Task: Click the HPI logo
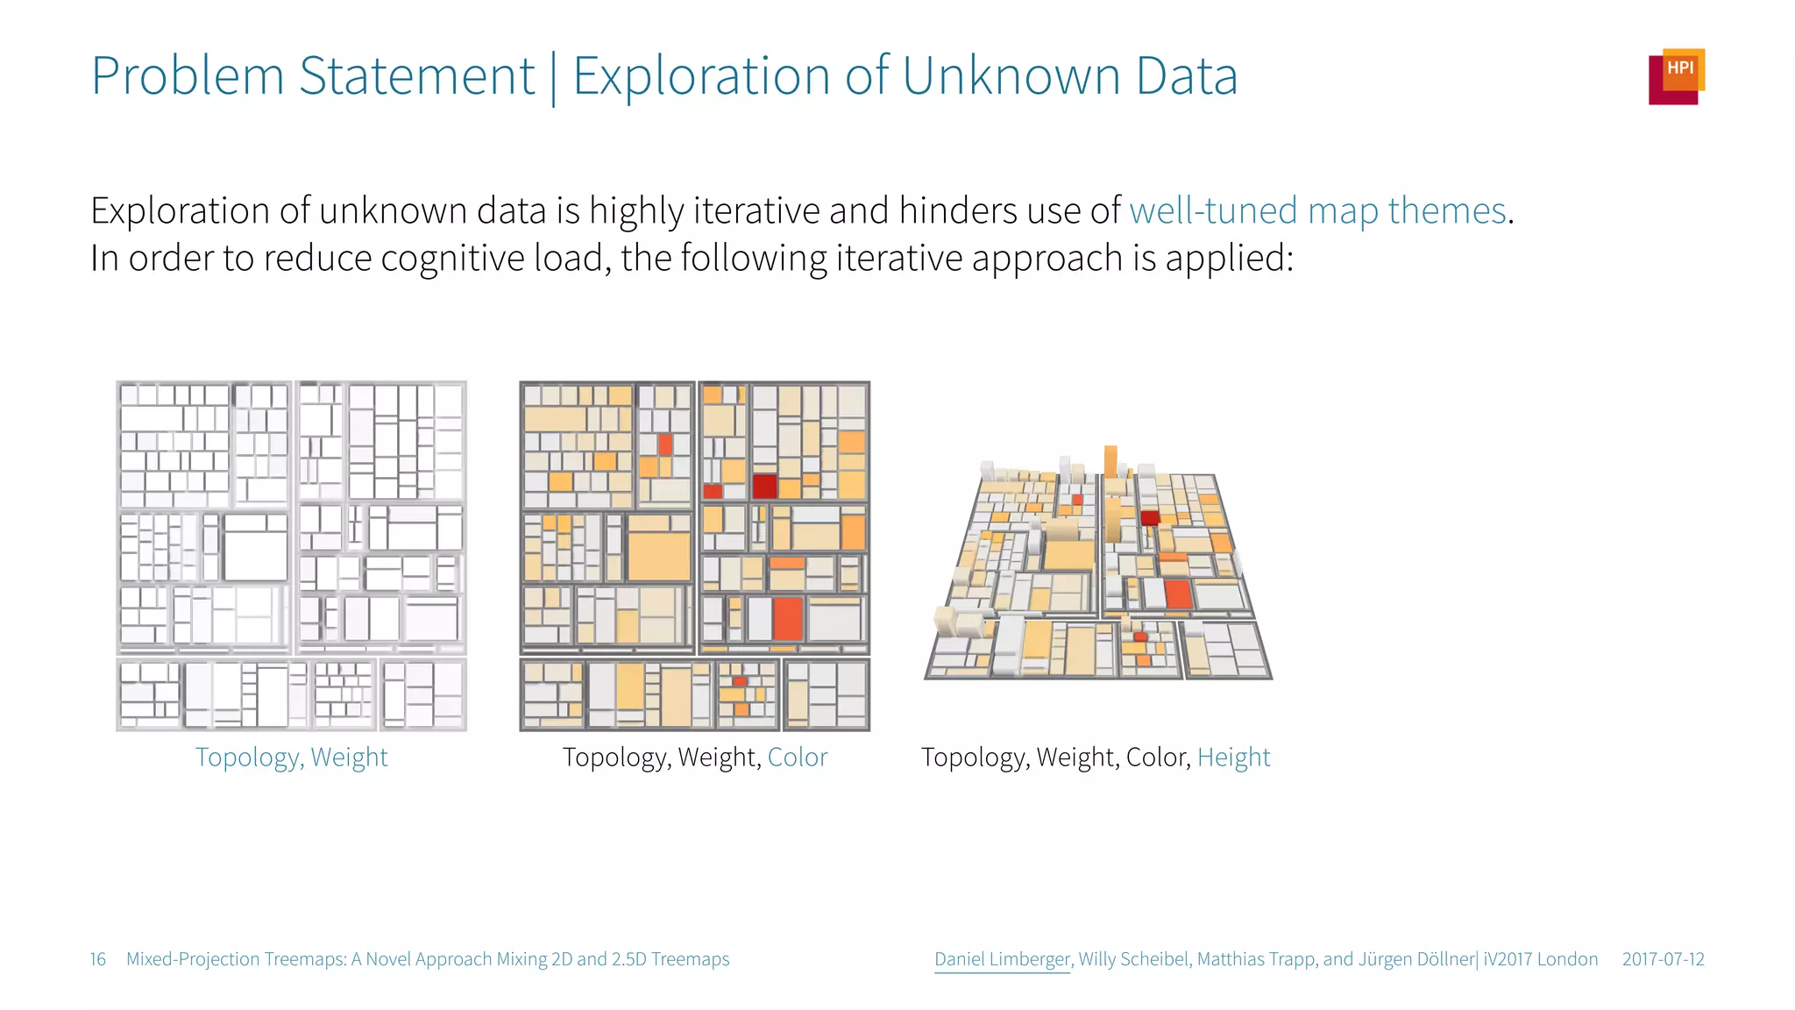point(1676,76)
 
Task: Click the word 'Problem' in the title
point(188,76)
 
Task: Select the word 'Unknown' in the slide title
point(1011,76)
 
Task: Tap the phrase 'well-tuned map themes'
point(1317,211)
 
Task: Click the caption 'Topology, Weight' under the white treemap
point(291,757)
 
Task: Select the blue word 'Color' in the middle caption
point(797,757)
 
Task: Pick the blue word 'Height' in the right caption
point(1233,757)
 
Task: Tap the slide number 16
point(98,959)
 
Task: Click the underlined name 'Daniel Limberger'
point(1002,959)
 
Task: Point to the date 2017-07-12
point(1663,959)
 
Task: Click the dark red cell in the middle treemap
point(764,486)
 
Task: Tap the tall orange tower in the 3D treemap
point(1110,462)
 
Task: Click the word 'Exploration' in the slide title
point(701,76)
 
